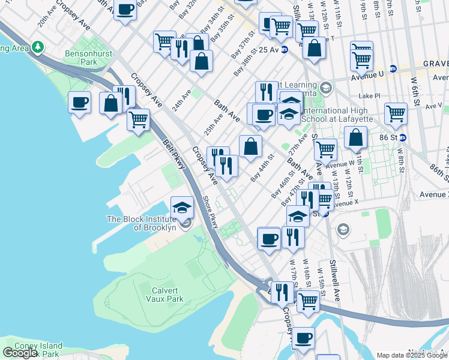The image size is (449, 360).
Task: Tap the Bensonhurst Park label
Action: [x=81, y=58]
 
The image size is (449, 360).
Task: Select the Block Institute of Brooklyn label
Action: [x=141, y=223]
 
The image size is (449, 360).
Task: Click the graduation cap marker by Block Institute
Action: [x=182, y=208]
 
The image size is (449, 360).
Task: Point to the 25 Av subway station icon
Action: [x=285, y=49]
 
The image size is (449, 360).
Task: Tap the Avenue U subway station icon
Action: [x=393, y=69]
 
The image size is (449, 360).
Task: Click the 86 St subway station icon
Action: [x=403, y=137]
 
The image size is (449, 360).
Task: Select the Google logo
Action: [x=20, y=352]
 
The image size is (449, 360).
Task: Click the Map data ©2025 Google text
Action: [x=412, y=355]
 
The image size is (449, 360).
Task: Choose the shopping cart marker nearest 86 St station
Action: [x=396, y=113]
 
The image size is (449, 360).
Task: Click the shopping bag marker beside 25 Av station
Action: [x=314, y=48]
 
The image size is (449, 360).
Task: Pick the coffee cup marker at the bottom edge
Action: [x=304, y=338]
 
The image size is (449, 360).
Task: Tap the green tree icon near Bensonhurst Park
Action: [x=38, y=46]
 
